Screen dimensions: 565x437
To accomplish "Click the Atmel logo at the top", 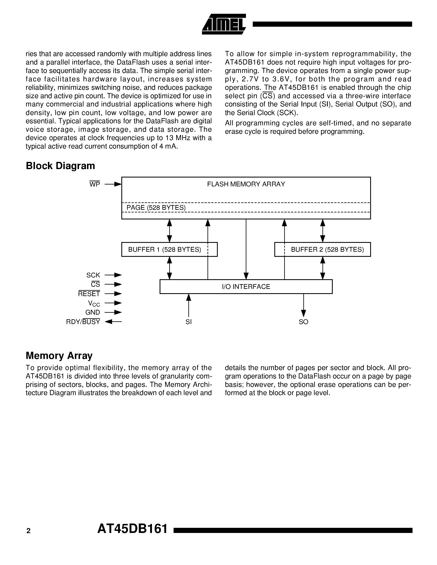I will coord(224,24).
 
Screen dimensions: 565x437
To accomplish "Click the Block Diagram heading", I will coord(60,166).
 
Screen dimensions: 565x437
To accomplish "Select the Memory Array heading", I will coord(59,356).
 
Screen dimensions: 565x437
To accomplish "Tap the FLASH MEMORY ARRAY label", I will coord(246,184).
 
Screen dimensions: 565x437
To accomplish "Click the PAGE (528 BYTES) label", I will coord(156,208).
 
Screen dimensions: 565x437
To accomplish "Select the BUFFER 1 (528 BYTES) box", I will coord(169,249).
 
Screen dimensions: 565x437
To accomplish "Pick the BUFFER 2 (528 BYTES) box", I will coord(323,249).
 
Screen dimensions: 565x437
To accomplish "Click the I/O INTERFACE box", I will coord(246,287).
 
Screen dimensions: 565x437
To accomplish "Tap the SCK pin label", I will coord(93,275).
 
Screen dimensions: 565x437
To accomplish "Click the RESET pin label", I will coord(89,294).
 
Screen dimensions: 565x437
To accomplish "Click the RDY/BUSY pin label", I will coord(83,322).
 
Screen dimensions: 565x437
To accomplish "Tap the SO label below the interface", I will coord(303,322).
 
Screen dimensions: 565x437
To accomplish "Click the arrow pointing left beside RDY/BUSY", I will coord(113,322).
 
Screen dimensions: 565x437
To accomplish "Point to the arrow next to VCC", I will coord(113,303).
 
